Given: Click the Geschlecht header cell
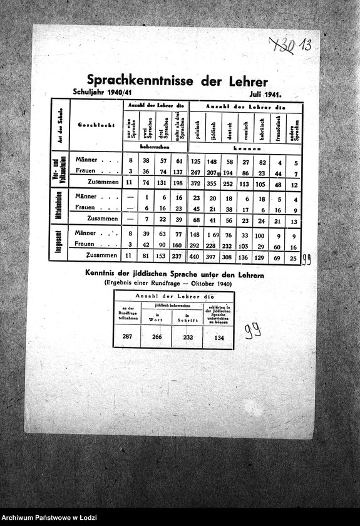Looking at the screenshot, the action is pos(96,125).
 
